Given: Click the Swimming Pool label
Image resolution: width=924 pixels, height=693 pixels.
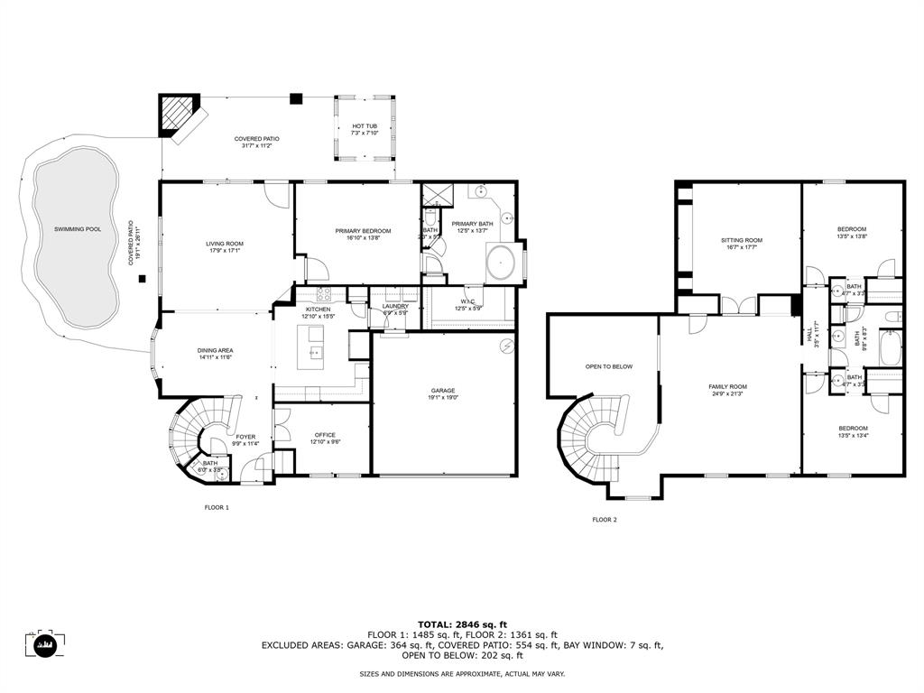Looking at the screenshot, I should click(x=78, y=229).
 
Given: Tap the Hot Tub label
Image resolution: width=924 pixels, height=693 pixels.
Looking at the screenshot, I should click(x=365, y=126).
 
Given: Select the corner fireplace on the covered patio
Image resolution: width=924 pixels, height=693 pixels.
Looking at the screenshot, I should click(x=177, y=115).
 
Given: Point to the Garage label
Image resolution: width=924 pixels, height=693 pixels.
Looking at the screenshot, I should click(x=442, y=391).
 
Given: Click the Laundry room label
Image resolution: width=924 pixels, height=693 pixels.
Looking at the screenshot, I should click(x=395, y=306).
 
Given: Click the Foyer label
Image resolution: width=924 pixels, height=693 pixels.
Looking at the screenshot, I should click(x=246, y=437).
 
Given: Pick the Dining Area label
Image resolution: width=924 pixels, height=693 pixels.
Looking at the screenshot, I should click(x=216, y=350).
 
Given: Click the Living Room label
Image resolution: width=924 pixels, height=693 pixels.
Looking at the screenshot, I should click(x=225, y=244).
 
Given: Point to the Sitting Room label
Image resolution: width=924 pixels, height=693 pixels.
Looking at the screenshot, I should click(x=742, y=240).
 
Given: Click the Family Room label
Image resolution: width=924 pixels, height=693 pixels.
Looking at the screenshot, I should click(x=727, y=386).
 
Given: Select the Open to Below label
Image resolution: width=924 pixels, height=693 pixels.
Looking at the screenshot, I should click(x=609, y=366).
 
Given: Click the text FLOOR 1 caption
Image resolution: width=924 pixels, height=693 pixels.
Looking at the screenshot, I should click(x=217, y=507).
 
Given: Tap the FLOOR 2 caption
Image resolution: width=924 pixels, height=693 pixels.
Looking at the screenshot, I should click(x=605, y=519).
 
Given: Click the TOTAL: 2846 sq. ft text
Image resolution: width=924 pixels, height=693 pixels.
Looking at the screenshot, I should click(x=462, y=624).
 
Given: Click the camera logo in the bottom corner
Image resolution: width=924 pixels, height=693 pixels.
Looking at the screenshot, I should click(x=42, y=644).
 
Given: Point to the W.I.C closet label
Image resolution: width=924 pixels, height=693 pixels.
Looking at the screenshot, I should click(x=467, y=302).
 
